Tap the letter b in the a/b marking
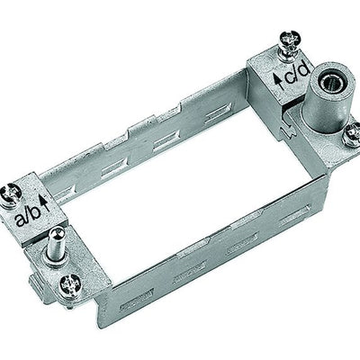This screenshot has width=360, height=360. point(35,212)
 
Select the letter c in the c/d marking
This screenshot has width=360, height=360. point(290,76)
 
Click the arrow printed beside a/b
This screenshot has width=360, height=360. point(45,202)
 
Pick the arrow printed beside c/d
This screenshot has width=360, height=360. point(279,81)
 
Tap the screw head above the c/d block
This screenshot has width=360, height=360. point(288,39)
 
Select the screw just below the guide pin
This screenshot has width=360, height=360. point(70,284)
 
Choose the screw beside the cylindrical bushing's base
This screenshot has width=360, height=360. point(352,134)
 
